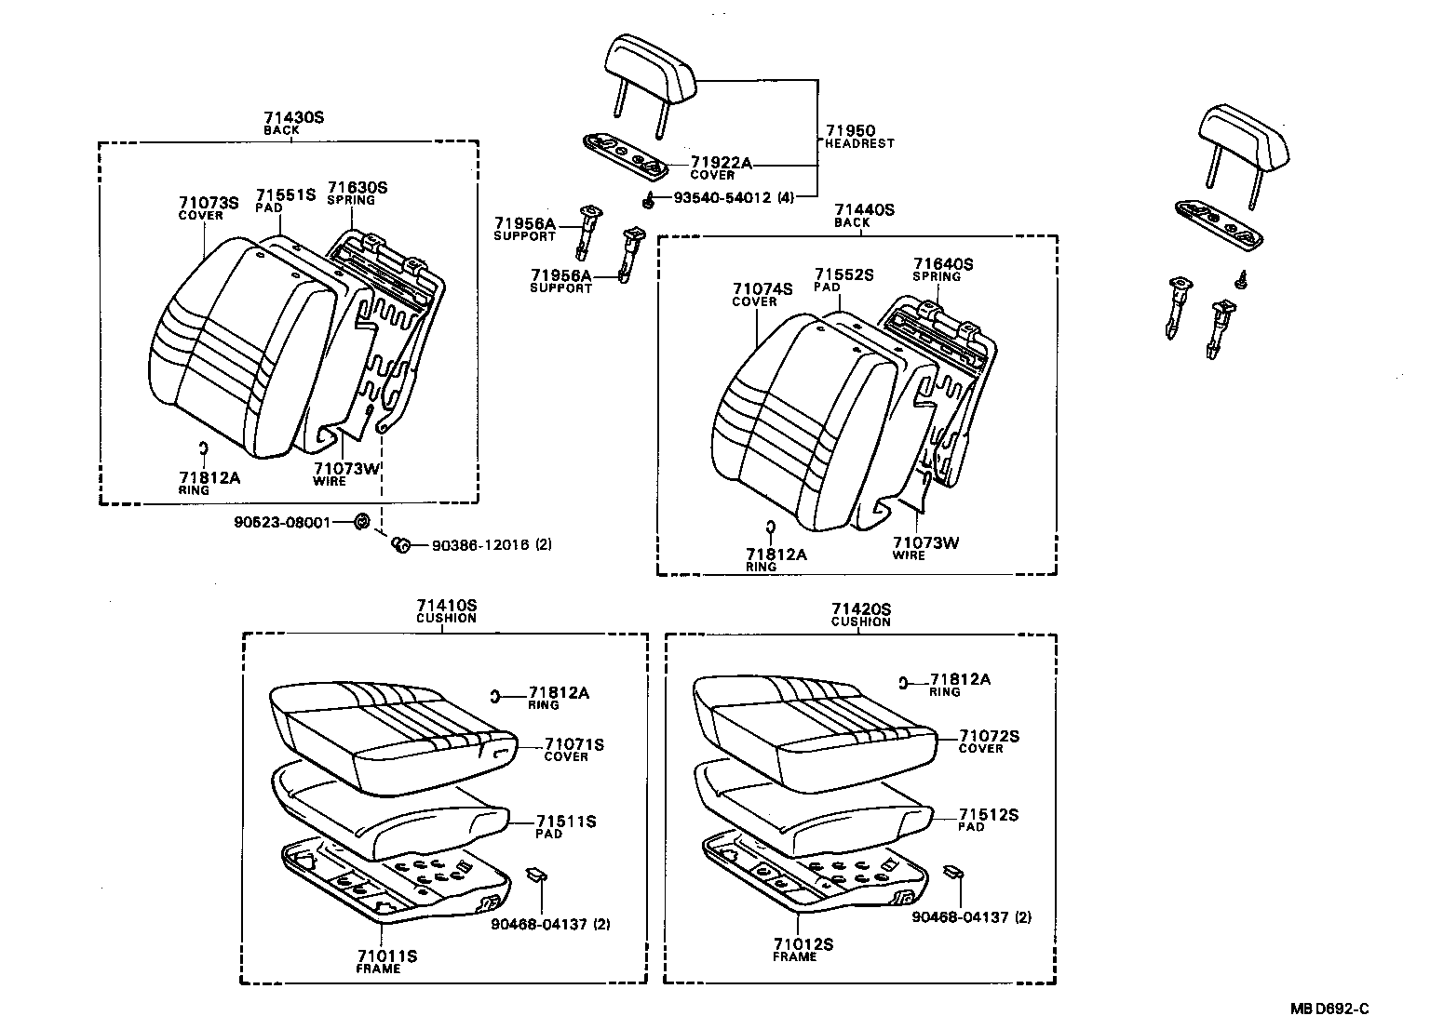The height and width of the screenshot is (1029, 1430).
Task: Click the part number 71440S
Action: (x=863, y=210)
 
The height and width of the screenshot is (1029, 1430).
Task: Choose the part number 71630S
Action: (x=357, y=188)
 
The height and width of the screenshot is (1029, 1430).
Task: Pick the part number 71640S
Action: (x=942, y=264)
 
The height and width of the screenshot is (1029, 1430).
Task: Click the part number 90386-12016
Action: (x=479, y=545)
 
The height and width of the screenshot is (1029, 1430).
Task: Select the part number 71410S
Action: (x=446, y=606)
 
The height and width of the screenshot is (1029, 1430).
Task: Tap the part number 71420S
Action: (x=861, y=609)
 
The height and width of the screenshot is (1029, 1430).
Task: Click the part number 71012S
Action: (x=802, y=944)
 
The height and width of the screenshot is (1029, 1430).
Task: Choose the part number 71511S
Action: (x=566, y=822)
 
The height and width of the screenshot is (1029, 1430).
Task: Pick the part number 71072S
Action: (x=990, y=736)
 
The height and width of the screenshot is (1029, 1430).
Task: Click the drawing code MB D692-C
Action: (x=1329, y=1009)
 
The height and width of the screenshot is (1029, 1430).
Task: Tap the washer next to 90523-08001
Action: (x=363, y=521)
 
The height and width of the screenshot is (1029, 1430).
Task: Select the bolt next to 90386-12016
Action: (x=402, y=544)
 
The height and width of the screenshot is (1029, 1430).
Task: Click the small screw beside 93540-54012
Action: (x=645, y=199)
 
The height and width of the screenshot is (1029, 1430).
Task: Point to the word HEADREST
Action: (x=859, y=143)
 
